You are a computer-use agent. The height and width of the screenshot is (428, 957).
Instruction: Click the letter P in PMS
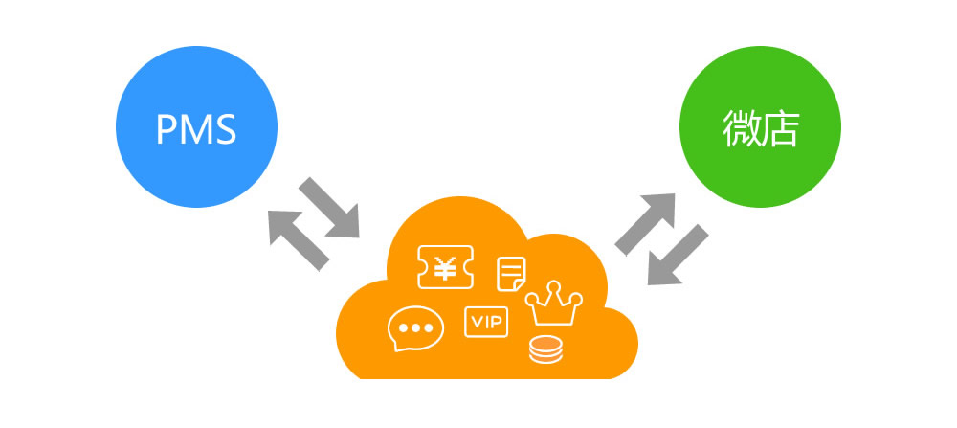point(166,129)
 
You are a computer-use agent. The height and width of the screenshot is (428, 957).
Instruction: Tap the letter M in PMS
point(194,129)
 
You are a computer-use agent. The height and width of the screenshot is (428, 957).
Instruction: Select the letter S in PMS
point(225,129)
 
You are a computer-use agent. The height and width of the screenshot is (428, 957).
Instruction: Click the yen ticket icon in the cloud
point(445,268)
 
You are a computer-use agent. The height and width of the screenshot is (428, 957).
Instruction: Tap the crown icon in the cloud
point(555,304)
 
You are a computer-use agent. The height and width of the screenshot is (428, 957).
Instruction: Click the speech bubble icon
point(415,329)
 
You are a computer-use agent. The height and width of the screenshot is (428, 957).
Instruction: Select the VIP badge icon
point(487,322)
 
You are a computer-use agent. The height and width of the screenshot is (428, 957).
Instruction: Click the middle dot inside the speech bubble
point(415,327)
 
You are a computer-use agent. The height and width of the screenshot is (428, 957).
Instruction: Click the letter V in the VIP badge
point(475,322)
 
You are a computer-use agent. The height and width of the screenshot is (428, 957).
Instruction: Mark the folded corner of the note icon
point(518,284)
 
